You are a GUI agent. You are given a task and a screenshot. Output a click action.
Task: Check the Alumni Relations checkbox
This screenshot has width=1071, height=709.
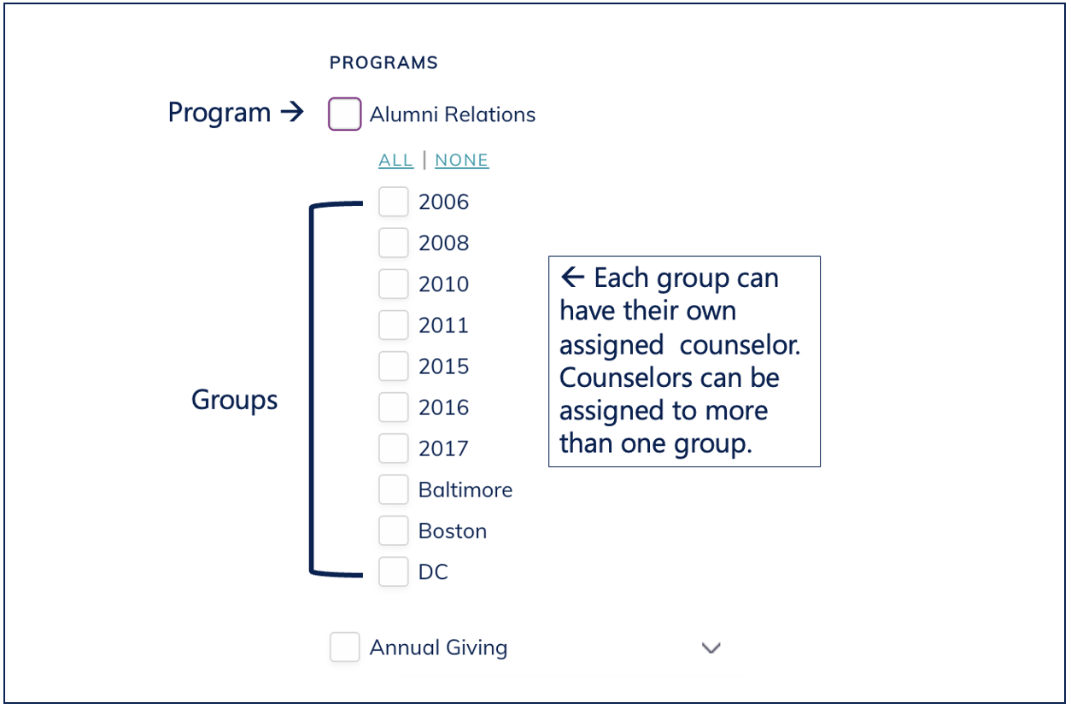coord(344,114)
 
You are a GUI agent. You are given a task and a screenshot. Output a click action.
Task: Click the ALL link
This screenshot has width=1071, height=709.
coord(395,160)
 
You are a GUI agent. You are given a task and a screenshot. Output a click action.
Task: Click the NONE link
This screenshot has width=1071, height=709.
coord(461,160)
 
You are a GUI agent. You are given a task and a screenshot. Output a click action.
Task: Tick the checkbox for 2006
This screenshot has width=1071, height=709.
coord(393,202)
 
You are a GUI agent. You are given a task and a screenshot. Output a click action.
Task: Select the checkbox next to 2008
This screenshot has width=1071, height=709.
coord(393,243)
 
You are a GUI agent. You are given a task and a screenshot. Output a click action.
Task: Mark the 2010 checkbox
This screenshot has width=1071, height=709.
coord(393,284)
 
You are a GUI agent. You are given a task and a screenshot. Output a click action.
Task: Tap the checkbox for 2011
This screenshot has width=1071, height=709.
coord(393,325)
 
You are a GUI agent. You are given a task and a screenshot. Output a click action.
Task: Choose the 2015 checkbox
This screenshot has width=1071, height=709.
coord(393,366)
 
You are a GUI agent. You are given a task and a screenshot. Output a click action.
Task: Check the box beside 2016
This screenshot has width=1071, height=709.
coord(393,407)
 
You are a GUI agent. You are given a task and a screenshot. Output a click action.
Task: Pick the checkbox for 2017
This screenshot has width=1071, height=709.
coord(393,448)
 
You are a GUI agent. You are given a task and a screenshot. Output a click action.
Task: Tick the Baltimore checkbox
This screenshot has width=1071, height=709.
coord(393,489)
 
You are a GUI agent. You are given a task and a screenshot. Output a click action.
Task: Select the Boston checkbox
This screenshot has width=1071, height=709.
coord(393,530)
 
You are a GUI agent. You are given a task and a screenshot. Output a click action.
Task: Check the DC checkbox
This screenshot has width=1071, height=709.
coord(393,571)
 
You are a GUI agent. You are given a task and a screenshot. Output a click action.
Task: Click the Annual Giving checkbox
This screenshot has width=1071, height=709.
coord(344,647)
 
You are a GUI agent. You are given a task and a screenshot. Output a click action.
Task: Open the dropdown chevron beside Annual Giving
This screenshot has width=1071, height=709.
coord(711,647)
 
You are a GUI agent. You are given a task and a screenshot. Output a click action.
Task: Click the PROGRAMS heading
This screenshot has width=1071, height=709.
coord(383,62)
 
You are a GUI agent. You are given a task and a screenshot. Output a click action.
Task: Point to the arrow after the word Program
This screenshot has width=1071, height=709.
coord(292,112)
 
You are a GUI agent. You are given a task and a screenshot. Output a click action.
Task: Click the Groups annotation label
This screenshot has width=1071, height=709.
coord(234,400)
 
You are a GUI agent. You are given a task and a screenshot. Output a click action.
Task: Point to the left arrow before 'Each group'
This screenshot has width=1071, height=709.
coord(572,277)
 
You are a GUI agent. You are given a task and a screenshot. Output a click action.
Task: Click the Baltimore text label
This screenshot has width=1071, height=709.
coord(465,489)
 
